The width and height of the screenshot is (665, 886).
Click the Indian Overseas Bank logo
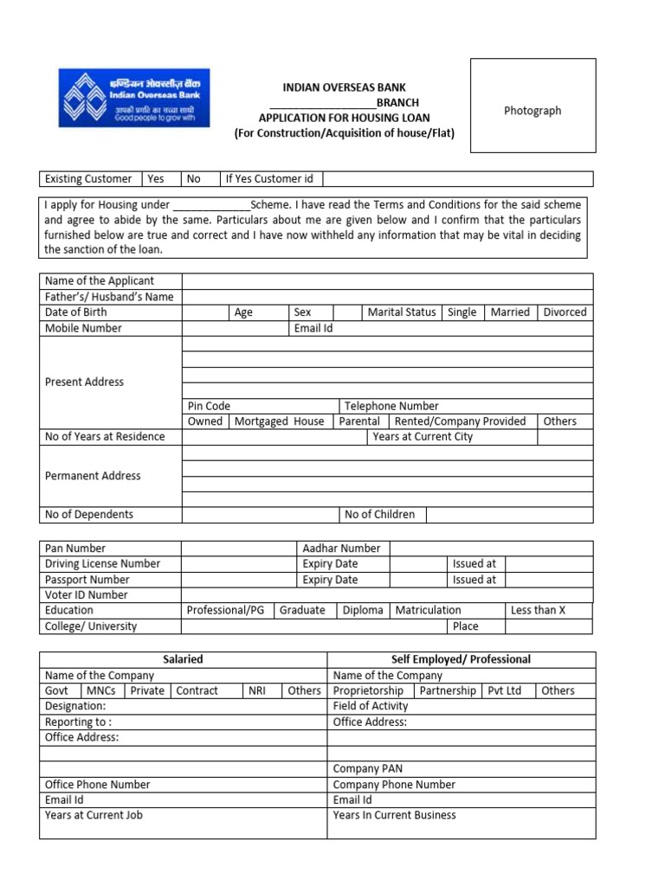click(133, 98)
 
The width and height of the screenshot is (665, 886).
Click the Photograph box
click(533, 111)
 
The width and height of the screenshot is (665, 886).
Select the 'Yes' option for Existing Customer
click(156, 179)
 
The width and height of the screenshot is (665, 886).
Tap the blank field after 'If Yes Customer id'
click(457, 179)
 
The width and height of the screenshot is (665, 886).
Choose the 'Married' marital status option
click(510, 312)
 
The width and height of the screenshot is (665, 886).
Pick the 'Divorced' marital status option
click(565, 312)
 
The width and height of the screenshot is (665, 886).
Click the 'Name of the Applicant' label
click(100, 281)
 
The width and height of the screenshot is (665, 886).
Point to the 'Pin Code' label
click(209, 406)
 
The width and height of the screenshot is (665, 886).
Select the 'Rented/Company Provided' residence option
click(460, 421)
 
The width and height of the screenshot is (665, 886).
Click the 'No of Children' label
click(379, 515)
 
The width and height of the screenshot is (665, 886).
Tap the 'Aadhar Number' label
click(341, 549)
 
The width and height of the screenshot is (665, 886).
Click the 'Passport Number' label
click(87, 580)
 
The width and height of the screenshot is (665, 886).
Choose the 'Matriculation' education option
click(428, 611)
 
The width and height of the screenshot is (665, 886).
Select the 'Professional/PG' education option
click(226, 611)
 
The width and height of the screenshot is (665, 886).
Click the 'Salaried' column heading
click(183, 659)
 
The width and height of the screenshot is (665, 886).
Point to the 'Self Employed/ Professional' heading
click(461, 659)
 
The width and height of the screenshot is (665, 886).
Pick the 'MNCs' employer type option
click(103, 691)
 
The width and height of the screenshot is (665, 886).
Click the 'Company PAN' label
click(368, 769)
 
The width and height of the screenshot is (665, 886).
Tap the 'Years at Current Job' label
click(94, 816)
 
